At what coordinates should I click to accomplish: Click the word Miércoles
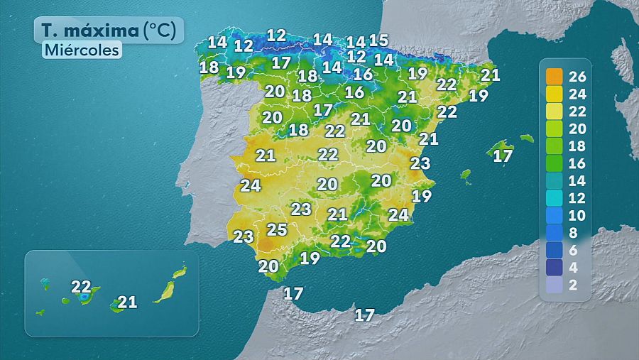pyautogui.click(x=81, y=50)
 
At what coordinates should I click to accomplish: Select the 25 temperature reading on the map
pyautogui.click(x=277, y=229)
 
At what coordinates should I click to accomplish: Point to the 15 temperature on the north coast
pyautogui.click(x=378, y=40)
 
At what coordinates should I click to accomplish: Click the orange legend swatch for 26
pyautogui.click(x=554, y=77)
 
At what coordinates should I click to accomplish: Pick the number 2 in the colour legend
pyautogui.click(x=574, y=285)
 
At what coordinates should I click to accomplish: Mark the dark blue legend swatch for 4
pyautogui.click(x=554, y=268)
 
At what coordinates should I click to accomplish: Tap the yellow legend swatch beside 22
pyautogui.click(x=554, y=111)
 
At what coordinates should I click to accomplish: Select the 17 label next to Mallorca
pyautogui.click(x=503, y=156)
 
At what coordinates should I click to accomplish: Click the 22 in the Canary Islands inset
pyautogui.click(x=81, y=287)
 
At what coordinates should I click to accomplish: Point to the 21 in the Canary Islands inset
pyautogui.click(x=127, y=302)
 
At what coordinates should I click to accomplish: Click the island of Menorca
pyautogui.click(x=526, y=138)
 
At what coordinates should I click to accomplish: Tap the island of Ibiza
pyautogui.click(x=466, y=174)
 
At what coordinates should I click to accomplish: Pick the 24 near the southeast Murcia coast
pyautogui.click(x=398, y=214)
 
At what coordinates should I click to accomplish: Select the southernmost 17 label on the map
pyautogui.click(x=364, y=315)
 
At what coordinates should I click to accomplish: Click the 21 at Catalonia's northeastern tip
pyautogui.click(x=491, y=75)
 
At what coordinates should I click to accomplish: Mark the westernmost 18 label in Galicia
pyautogui.click(x=209, y=67)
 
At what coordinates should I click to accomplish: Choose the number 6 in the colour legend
pyautogui.click(x=574, y=251)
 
